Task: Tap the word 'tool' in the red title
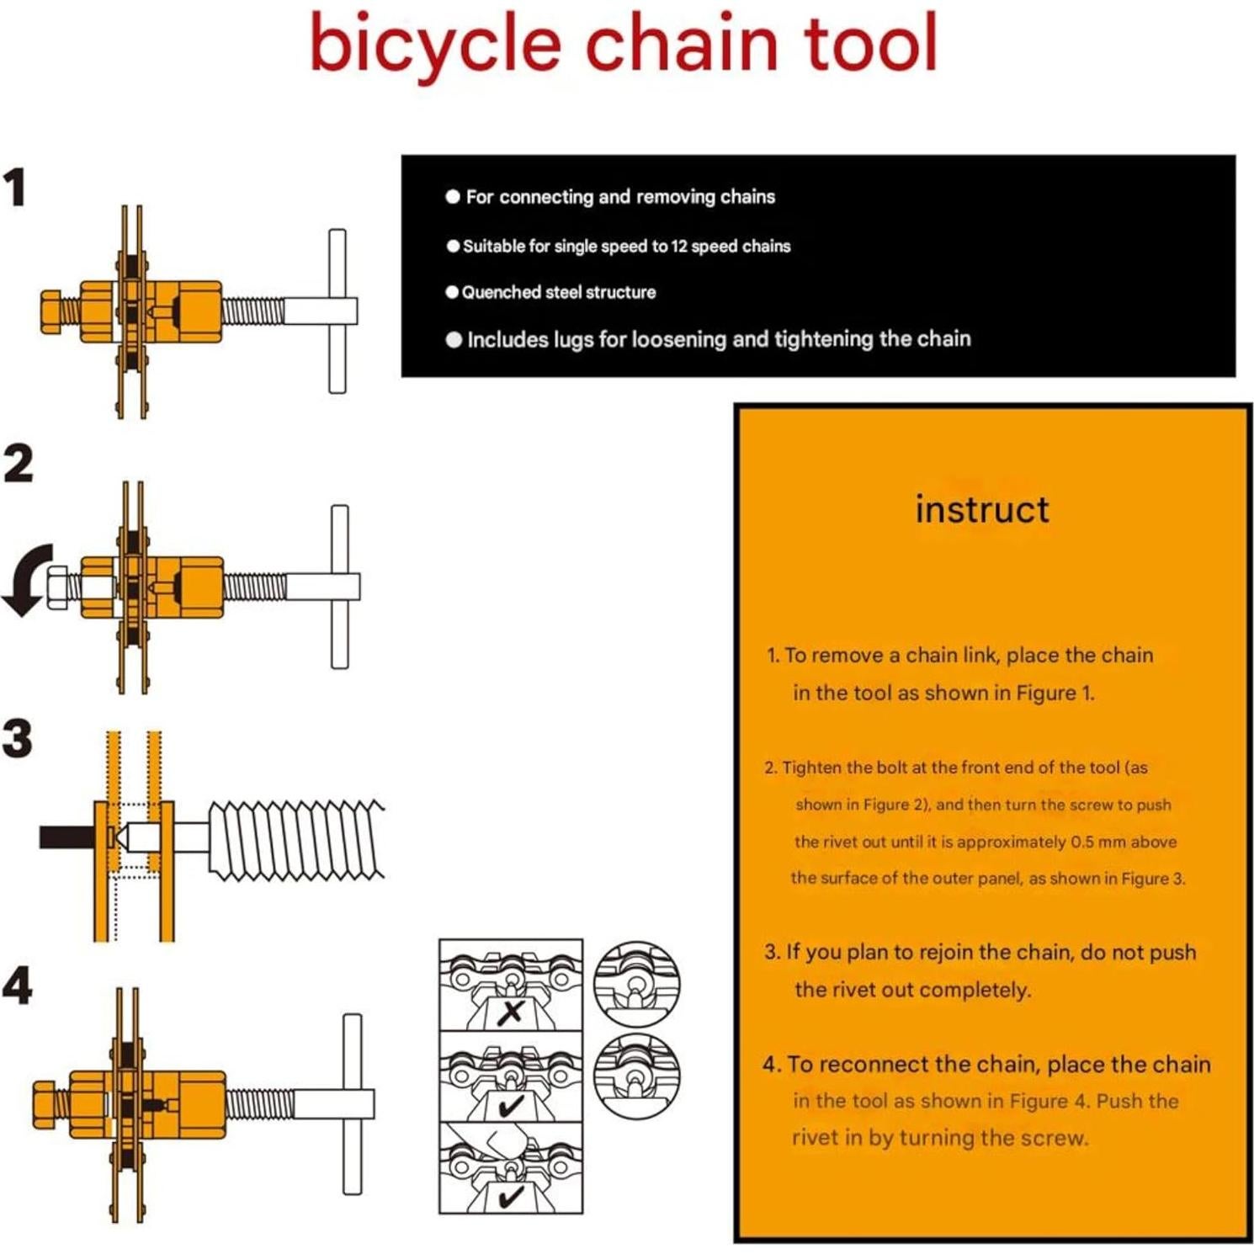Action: coord(870,44)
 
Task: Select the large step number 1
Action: coord(15,187)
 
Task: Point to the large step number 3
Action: coord(18,738)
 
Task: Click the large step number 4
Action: coord(18,986)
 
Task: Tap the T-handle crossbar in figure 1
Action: coord(337,311)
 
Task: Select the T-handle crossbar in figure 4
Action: coord(353,1103)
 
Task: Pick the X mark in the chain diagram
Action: coord(510,1012)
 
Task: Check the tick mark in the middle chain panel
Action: coord(510,1105)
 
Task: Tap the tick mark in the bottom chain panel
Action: coord(510,1196)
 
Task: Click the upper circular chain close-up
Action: coord(636,983)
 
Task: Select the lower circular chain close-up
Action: coord(636,1076)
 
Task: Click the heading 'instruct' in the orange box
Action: coord(982,510)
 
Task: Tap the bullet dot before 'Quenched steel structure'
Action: coord(452,292)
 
